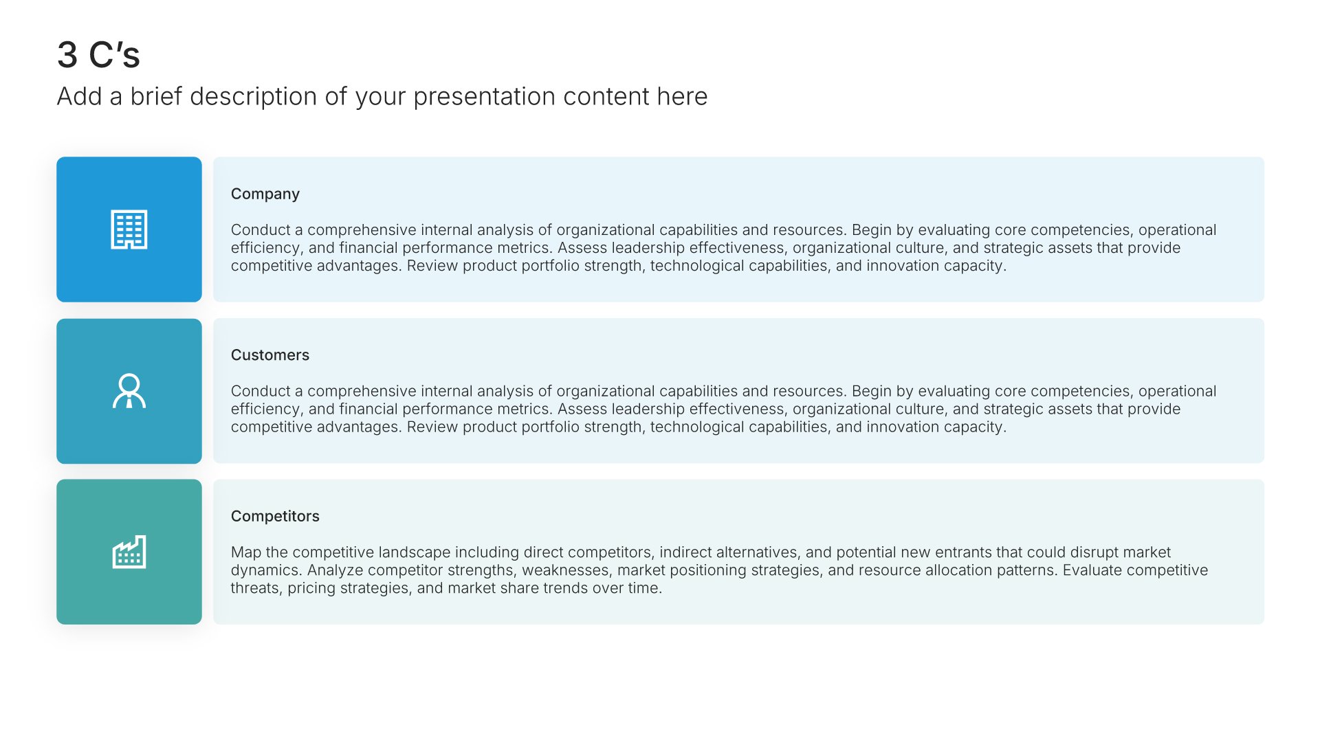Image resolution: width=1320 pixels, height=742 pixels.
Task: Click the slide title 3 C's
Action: point(98,55)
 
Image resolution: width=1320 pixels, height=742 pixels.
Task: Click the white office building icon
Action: point(129,229)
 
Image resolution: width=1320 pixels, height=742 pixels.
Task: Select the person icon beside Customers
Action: point(129,391)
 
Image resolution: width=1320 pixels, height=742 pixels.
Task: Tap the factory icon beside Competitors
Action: point(129,552)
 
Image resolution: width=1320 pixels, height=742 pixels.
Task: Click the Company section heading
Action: point(265,194)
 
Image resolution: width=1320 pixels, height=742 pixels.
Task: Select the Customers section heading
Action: point(270,355)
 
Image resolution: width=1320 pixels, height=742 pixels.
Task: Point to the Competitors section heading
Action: point(275,517)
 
